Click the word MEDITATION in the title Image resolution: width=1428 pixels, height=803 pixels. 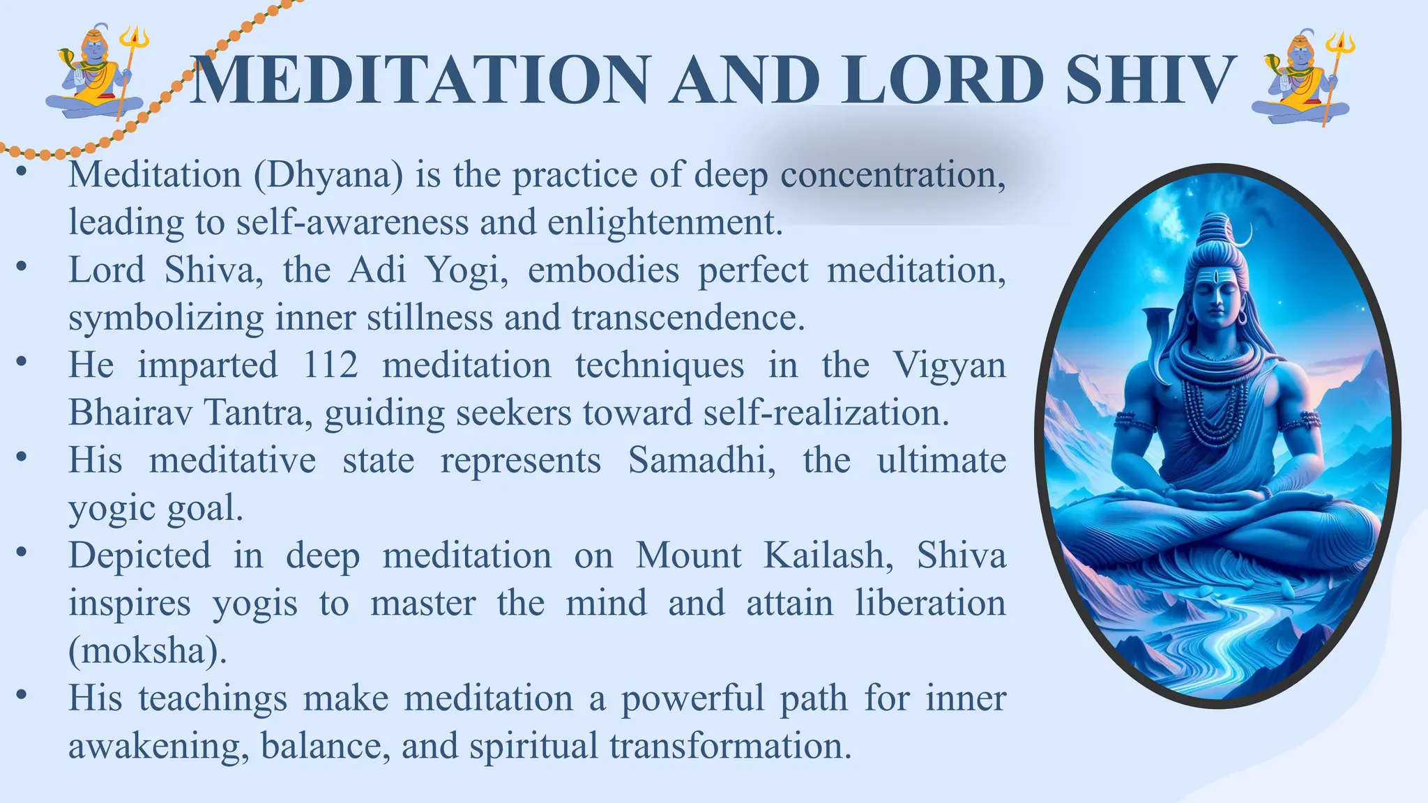tap(419, 79)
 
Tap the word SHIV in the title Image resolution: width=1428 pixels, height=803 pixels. tap(1150, 79)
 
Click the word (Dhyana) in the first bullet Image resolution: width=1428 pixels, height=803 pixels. tap(328, 175)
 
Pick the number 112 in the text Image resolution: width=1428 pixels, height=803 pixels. tap(331, 365)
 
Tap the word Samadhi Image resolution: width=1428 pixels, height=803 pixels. tap(701, 461)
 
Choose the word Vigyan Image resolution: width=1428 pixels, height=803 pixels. tap(949, 365)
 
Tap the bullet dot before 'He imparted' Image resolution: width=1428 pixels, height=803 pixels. tap(22, 361)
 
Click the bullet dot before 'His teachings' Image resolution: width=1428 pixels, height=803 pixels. tap(22, 694)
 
